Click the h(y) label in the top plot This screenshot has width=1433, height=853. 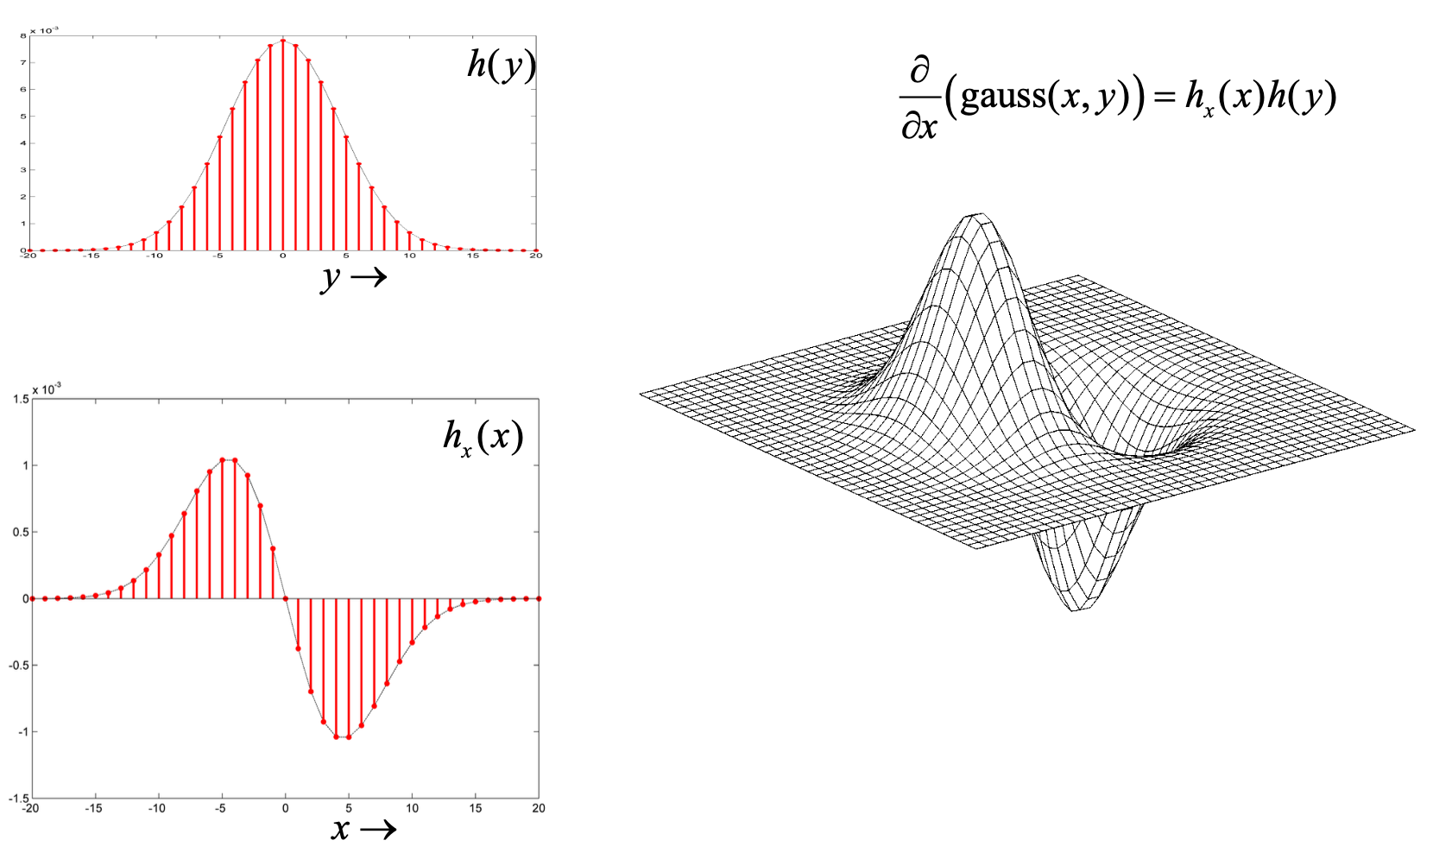pyautogui.click(x=501, y=65)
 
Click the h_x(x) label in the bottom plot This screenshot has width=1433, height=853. pyautogui.click(x=483, y=437)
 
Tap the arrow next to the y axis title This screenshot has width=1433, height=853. pyautogui.click(x=369, y=277)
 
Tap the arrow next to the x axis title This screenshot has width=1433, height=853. pyautogui.click(x=378, y=830)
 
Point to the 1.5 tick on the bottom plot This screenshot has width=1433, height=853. pyautogui.click(x=21, y=399)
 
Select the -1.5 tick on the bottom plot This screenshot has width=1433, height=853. pyautogui.click(x=19, y=799)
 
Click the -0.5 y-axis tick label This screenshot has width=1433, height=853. pyautogui.click(x=19, y=666)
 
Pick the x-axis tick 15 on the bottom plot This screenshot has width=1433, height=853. pyautogui.click(x=476, y=809)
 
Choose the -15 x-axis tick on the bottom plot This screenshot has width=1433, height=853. pyautogui.click(x=93, y=809)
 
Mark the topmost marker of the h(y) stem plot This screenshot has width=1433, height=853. pyautogui.click(x=283, y=41)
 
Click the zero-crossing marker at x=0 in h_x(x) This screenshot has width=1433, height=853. pyautogui.click(x=286, y=598)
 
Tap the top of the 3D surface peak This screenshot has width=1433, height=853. pyautogui.click(x=977, y=216)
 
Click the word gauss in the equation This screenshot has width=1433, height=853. pyautogui.click(x=1001, y=95)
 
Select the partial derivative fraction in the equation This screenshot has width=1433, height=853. pyautogui.click(x=920, y=98)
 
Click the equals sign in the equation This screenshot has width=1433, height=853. pyautogui.click(x=1165, y=97)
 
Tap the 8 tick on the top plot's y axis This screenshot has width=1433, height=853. pyautogui.click(x=23, y=36)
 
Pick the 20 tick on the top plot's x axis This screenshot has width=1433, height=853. pyautogui.click(x=536, y=256)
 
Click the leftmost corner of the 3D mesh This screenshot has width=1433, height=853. pyautogui.click(x=641, y=395)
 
